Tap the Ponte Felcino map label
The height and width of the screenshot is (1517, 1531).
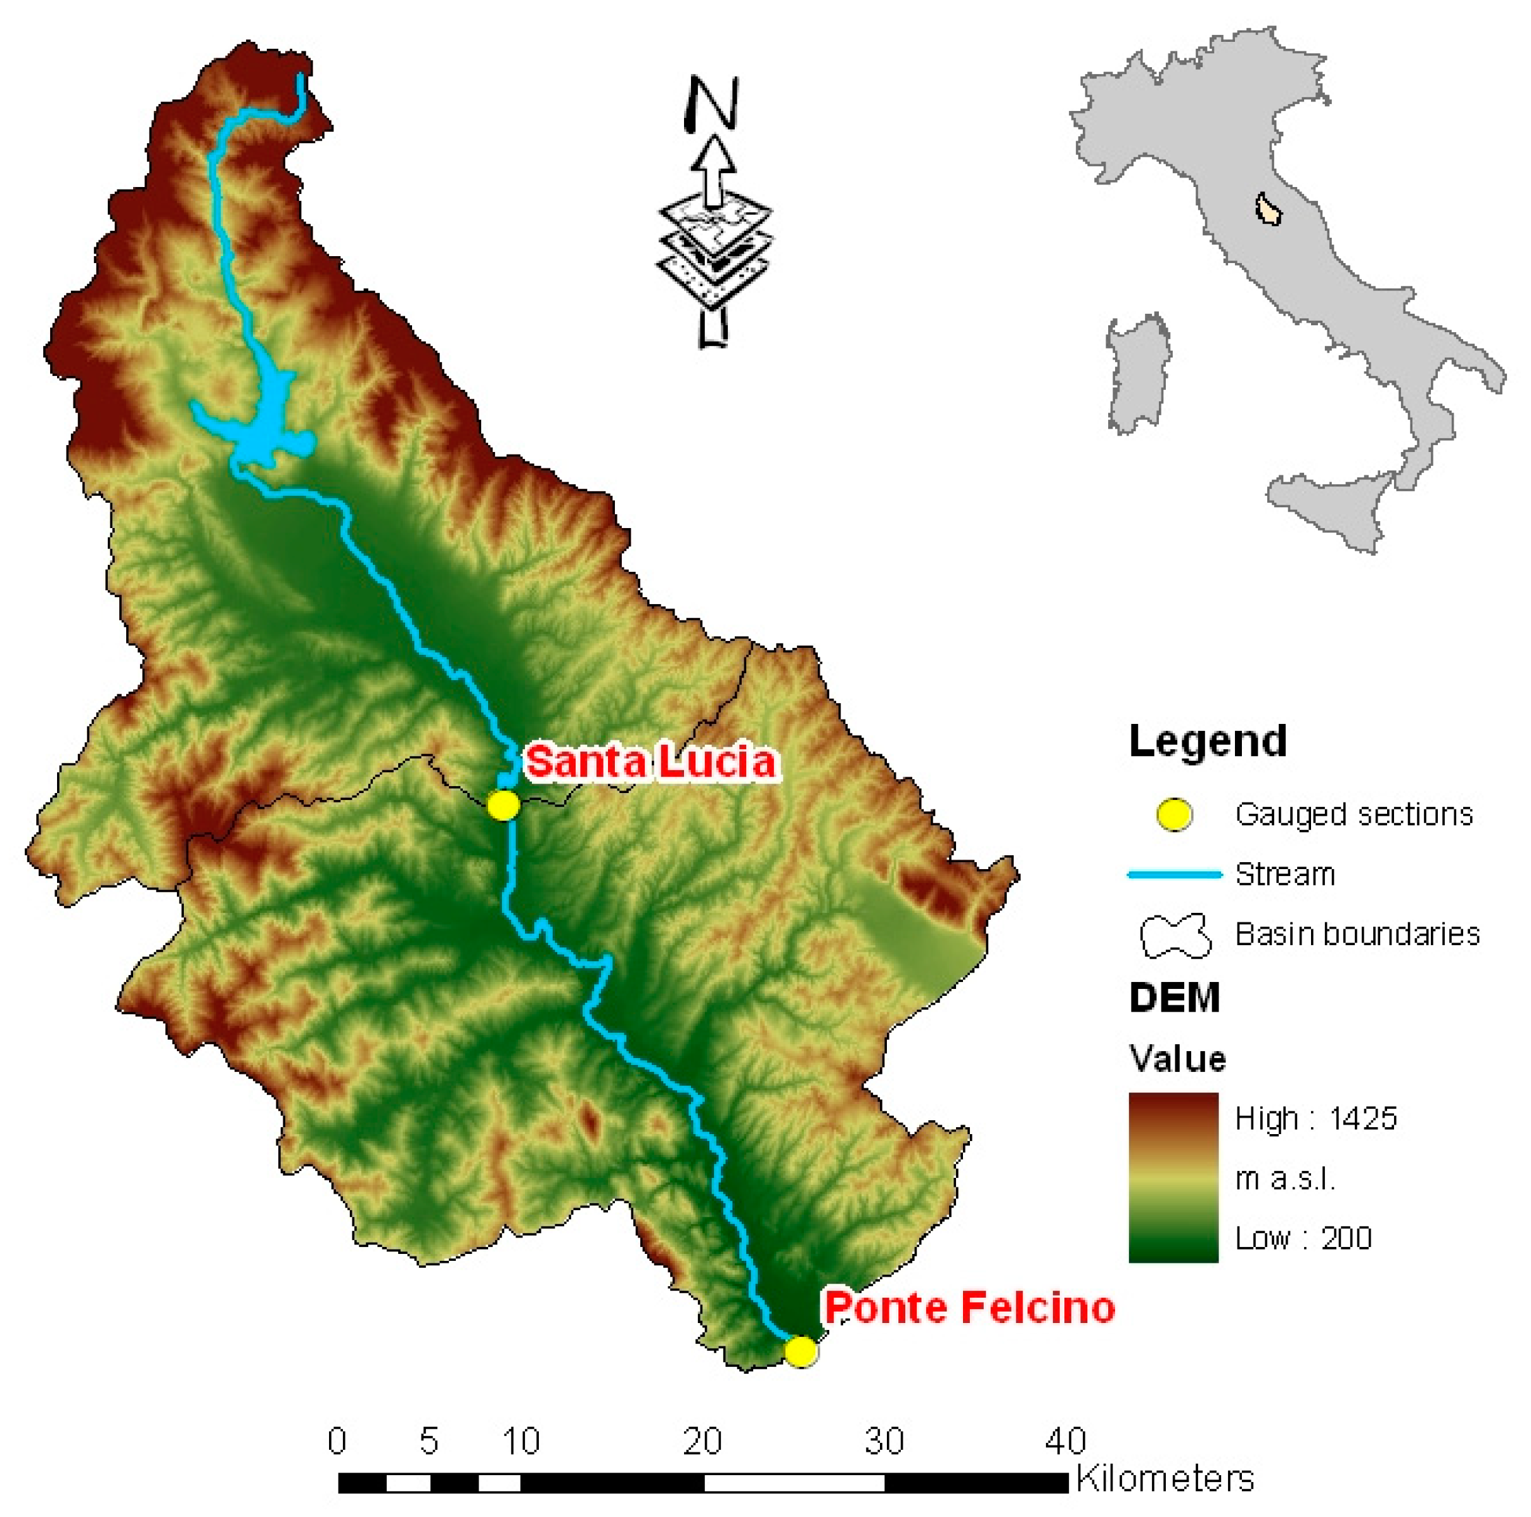tap(969, 1307)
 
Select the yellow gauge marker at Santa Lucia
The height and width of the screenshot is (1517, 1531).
tap(503, 805)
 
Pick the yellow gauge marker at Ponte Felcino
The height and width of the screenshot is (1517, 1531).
tap(800, 1350)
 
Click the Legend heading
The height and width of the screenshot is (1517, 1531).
tap(1207, 741)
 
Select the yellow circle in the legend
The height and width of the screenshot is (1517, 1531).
tap(1174, 814)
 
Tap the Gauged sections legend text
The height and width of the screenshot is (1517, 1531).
tap(1353, 814)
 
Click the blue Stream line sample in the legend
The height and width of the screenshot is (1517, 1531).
tap(1174, 874)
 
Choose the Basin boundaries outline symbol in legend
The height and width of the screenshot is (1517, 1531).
tap(1175, 935)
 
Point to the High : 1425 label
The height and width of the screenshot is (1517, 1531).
tap(1315, 1118)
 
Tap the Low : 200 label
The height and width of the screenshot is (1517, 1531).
tap(1303, 1237)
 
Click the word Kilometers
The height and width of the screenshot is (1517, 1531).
tap(1164, 1479)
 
